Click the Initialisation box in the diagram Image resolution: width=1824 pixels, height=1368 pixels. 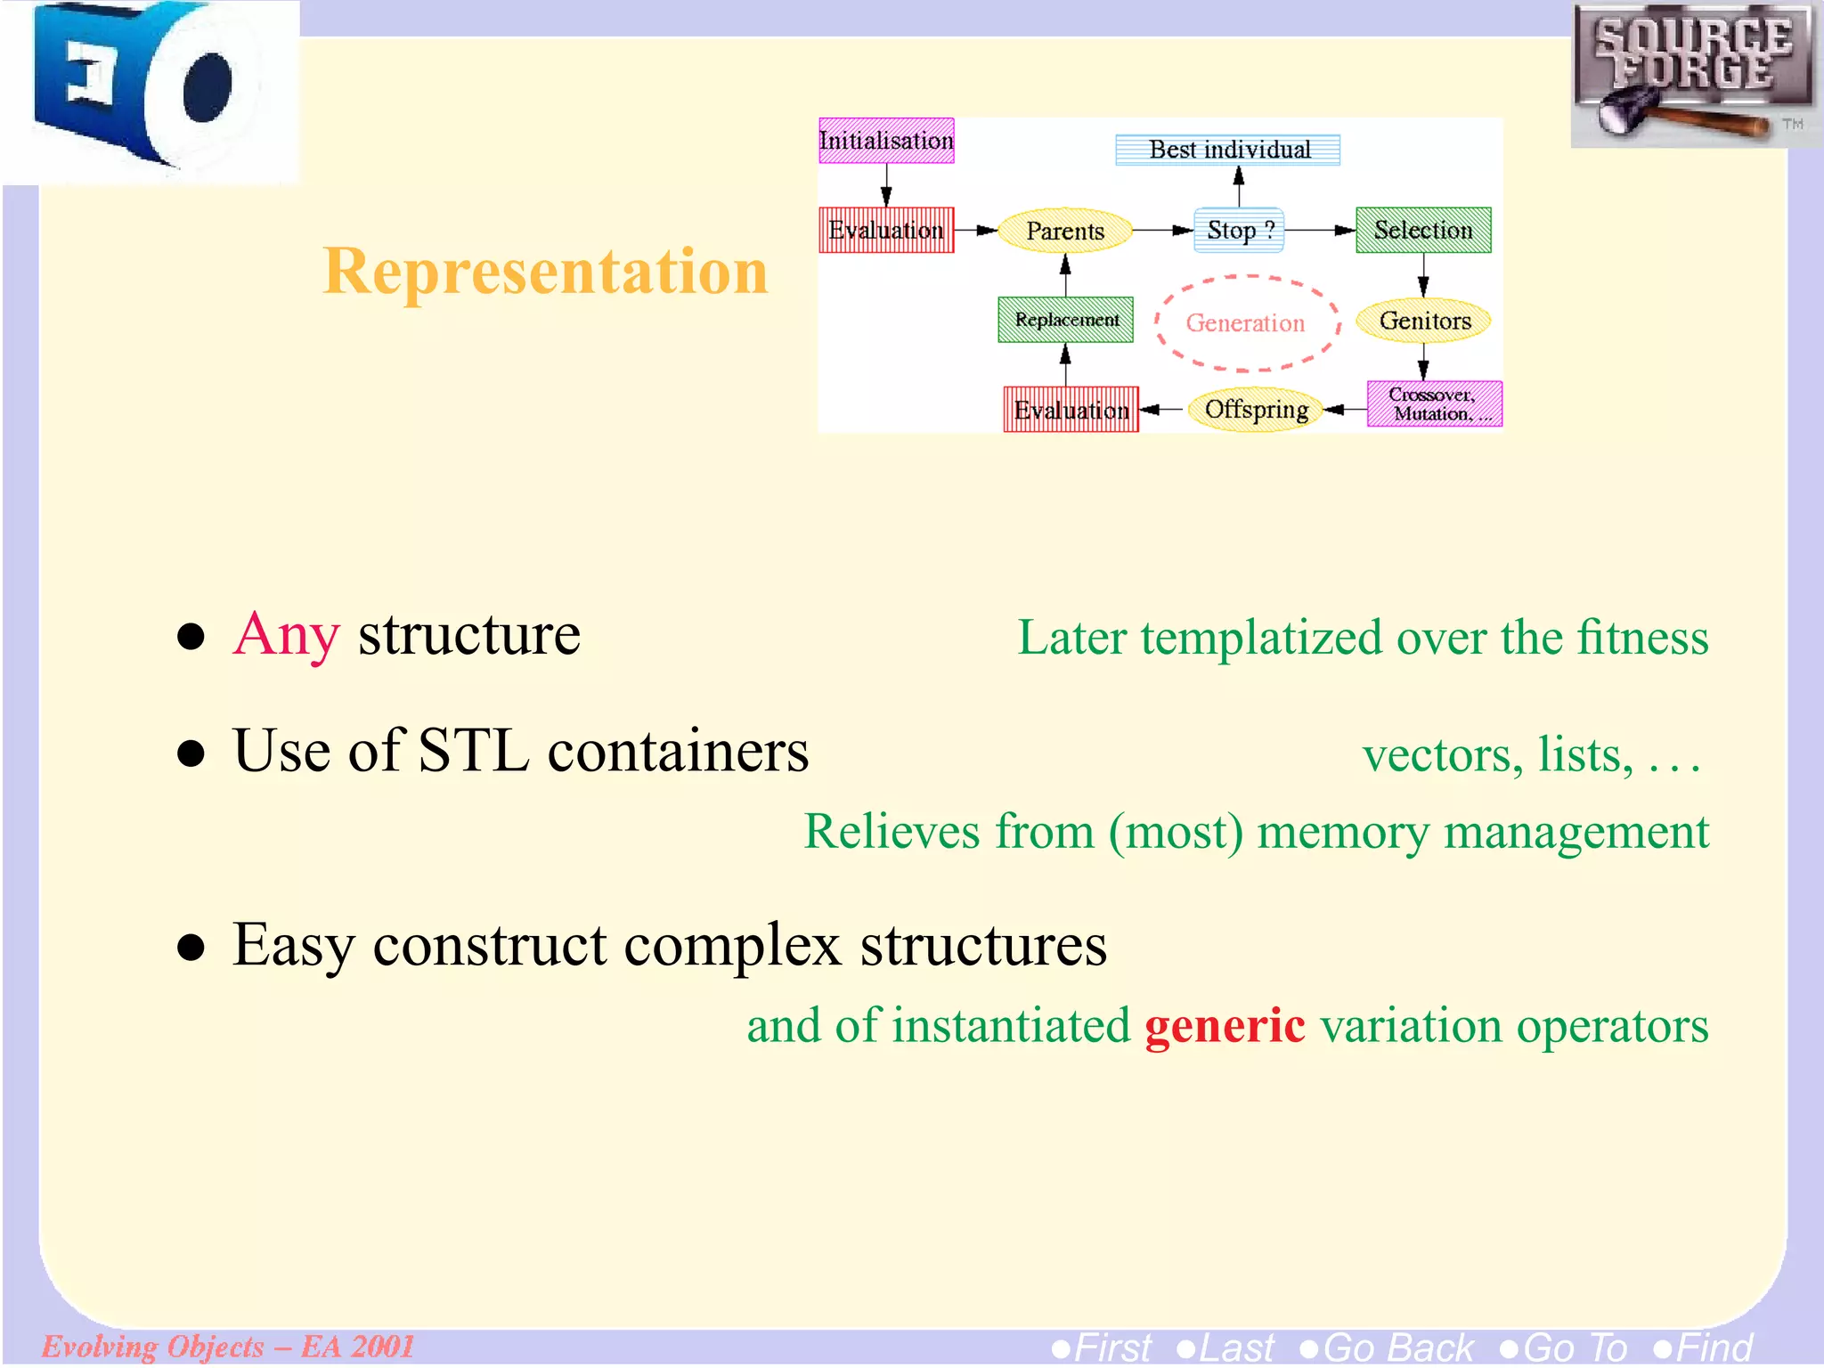coord(886,141)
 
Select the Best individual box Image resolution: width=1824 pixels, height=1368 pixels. coord(1228,150)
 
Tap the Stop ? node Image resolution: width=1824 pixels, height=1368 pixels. coord(1239,230)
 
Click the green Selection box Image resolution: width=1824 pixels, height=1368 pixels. coord(1423,230)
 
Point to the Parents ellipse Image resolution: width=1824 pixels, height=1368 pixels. coord(1065,231)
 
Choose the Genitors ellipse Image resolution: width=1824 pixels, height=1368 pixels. coord(1424,321)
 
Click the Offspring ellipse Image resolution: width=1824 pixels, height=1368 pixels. coord(1256,410)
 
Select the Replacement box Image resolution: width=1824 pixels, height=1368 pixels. coord(1066,320)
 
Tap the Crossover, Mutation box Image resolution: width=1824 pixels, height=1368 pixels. coord(1435,404)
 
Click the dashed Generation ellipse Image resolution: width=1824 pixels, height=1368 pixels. coord(1246,322)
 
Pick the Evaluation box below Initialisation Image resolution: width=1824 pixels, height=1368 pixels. coord(886,230)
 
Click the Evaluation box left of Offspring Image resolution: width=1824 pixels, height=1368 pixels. coord(1071,410)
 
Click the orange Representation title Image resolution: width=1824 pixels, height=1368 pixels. coord(545,271)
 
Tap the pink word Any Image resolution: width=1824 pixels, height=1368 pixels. coord(286,635)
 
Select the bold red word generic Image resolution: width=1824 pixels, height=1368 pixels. coord(1225,1025)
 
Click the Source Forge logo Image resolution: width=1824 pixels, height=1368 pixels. coord(1695,75)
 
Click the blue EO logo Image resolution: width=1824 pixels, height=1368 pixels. coord(150,89)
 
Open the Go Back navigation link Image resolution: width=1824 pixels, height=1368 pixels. coord(1388,1348)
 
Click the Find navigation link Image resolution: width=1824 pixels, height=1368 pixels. coord(1704,1348)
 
